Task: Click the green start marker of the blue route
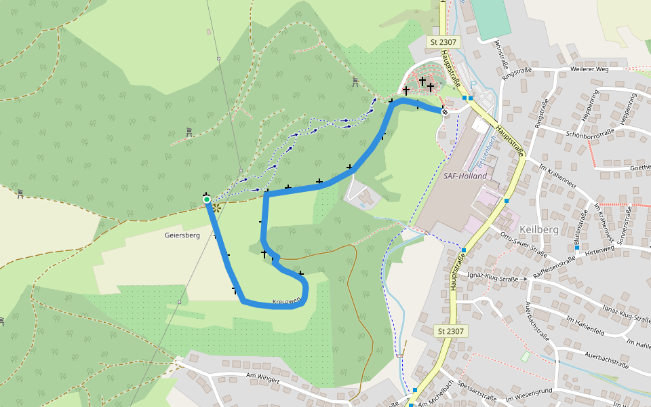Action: point(207,199)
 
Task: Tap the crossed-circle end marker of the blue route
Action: point(445,112)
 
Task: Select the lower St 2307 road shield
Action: point(451,331)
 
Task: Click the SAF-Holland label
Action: point(465,176)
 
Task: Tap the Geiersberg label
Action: point(182,235)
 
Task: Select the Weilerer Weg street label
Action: point(590,69)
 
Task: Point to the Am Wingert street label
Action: point(263,379)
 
